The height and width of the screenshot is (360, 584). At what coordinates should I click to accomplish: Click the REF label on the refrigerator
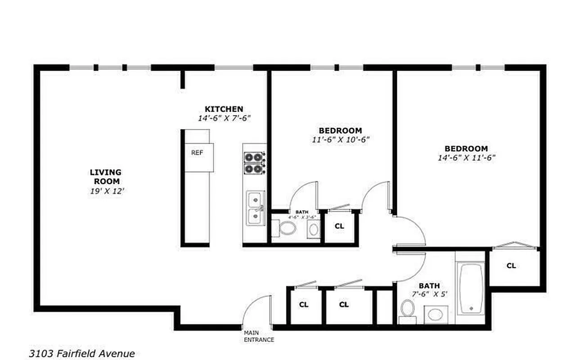197,153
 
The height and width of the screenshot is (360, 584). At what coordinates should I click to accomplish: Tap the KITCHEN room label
224,109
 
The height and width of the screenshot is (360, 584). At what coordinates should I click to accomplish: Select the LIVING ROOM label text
106,176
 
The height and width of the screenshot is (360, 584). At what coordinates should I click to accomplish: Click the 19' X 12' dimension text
106,191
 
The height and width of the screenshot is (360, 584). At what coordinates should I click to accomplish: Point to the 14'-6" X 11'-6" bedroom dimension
467,158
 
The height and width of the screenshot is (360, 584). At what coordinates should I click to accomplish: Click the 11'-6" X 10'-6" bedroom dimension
340,139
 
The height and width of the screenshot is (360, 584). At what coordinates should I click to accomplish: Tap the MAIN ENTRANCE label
259,336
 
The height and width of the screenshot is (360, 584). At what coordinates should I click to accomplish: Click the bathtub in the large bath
471,288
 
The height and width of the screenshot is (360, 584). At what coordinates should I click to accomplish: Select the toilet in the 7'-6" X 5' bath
408,310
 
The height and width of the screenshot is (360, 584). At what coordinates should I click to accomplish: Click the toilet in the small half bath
287,228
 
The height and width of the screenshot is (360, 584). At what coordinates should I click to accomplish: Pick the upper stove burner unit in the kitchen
253,157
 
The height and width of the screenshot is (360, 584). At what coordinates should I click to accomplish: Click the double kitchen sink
255,208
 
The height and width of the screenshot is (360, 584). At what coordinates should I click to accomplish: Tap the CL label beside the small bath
340,226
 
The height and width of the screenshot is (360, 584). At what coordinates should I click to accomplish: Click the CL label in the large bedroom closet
511,265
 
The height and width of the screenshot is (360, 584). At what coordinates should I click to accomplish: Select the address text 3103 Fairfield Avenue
82,354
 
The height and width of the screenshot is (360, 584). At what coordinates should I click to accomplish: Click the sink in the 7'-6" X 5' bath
435,314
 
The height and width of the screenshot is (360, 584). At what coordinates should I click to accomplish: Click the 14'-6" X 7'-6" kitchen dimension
224,118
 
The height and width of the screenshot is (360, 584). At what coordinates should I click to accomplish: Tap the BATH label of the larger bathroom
429,286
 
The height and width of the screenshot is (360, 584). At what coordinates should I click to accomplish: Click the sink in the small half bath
313,229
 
